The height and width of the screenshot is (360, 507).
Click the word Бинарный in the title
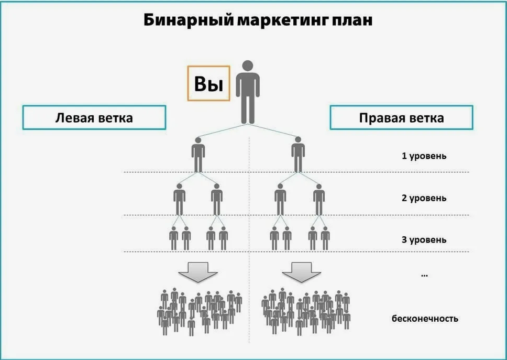pos(188,20)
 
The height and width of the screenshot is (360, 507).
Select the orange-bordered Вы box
pos(208,83)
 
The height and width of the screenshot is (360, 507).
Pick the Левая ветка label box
pos(94,117)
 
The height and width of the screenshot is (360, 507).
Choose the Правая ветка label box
pos(401,117)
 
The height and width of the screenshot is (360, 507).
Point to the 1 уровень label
pos(424,156)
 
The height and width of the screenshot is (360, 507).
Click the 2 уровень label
pos(424,198)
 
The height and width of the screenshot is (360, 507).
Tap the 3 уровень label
pos(424,239)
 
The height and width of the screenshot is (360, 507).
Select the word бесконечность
pos(425,318)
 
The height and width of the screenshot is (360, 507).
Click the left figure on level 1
pos(198,154)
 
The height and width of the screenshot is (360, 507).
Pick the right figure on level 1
pos(298,154)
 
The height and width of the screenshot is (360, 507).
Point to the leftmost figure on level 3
pos(174,238)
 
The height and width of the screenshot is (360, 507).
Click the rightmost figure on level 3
pos(325,238)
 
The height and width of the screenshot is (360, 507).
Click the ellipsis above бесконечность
pos(424,275)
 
